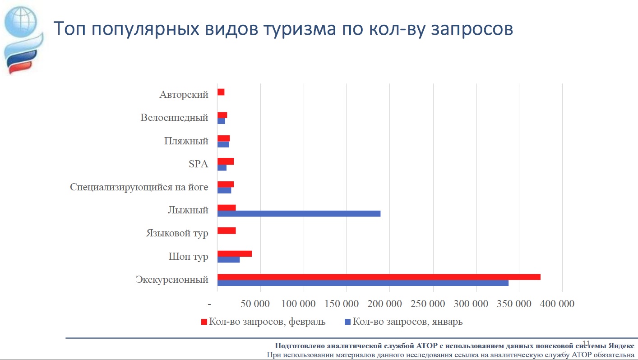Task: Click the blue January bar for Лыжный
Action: pos(299,213)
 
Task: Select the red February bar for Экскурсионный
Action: pos(379,277)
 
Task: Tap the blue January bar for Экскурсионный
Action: pos(363,283)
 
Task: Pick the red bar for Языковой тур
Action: pos(227,231)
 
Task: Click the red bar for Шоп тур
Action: pos(235,254)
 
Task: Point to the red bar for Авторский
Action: pos(221,92)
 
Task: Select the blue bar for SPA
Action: pos(222,168)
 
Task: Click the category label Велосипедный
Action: pos(174,118)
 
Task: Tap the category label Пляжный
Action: pos(186,141)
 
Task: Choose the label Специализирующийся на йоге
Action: pos(139,187)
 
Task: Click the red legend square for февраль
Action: pos(204,322)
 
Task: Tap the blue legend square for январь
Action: pos(347,322)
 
